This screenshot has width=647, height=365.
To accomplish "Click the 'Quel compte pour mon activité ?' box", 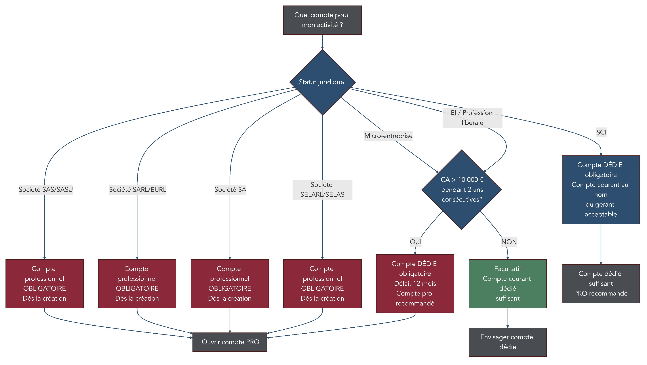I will tap(322, 20).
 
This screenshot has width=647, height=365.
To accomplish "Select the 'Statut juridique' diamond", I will tap(322, 82).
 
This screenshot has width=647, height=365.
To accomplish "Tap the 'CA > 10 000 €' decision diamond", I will tap(461, 190).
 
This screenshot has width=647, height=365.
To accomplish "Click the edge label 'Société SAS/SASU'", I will tap(46, 190).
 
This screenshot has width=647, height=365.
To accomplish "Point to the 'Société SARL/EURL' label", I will tap(137, 190).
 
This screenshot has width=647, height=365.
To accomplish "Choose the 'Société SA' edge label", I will tap(230, 190).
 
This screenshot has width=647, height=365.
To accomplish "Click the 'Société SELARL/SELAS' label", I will tap(322, 190).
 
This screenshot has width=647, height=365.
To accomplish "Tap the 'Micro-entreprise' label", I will tap(388, 136).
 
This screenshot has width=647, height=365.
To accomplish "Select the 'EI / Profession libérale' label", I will tap(472, 118).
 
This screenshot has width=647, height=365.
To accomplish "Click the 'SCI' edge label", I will tap(601, 132).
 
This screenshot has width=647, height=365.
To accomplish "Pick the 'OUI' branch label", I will tap(415, 242).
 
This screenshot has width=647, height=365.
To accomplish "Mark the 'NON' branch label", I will tap(509, 242).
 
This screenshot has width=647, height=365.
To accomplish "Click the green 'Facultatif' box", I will tap(507, 284).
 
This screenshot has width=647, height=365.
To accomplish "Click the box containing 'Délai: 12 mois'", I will tap(415, 284).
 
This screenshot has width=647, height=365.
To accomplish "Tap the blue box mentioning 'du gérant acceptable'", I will tap(601, 190).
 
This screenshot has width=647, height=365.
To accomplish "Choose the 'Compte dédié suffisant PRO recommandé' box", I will tap(601, 284).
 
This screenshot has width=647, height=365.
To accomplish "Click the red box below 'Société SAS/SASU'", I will tap(44, 284).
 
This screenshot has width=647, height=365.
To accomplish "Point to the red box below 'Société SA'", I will tap(230, 284).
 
